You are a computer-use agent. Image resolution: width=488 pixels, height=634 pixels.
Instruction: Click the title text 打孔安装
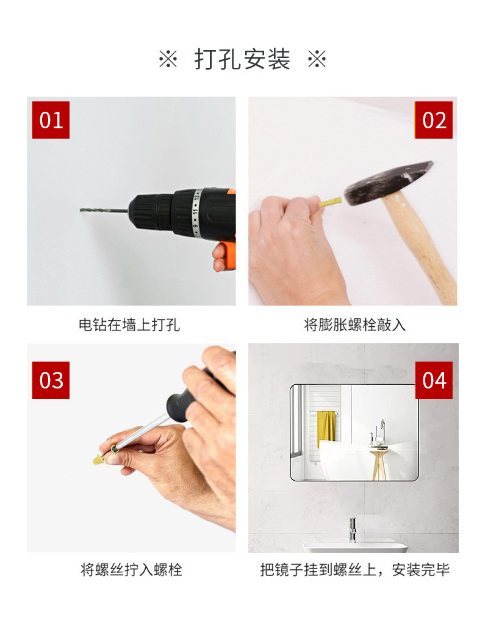pos(242,60)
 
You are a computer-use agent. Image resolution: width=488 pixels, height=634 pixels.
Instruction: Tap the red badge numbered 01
pos(51,120)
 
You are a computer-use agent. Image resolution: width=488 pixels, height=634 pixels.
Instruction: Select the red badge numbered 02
pos(434,120)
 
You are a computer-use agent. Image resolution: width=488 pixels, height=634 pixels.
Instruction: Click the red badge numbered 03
pos(51,380)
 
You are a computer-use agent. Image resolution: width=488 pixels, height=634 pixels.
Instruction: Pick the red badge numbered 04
pos(434,380)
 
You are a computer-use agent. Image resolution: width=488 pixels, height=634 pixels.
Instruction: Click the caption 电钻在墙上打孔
pos(129,325)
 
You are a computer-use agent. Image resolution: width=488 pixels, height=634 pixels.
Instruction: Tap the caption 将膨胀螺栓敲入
pos(354,325)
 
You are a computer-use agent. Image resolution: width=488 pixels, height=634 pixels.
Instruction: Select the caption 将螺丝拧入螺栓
pos(131,570)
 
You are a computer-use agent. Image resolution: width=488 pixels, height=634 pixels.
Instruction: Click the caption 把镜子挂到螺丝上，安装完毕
pos(354,570)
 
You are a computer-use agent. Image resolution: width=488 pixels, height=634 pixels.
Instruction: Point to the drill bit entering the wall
pos(101,211)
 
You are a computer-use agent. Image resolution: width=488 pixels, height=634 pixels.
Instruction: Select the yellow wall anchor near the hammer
pos(330,200)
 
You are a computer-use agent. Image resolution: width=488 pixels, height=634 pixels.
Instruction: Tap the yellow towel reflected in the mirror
pos(327,427)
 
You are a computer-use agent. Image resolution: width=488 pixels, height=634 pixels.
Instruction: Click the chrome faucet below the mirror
pos(352,529)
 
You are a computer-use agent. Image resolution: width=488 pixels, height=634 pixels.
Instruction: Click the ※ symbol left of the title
pos(168,60)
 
